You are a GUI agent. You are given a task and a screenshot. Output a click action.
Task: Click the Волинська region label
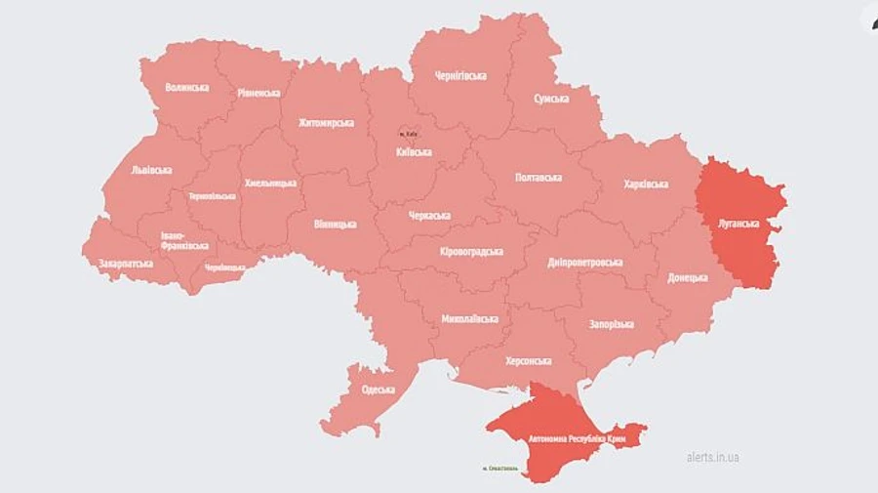coord(186,87)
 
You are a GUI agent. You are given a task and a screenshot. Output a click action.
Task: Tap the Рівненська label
coord(259,93)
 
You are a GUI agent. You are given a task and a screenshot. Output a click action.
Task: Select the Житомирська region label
coord(325,123)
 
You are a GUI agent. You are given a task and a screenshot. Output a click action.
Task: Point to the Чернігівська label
coord(461,75)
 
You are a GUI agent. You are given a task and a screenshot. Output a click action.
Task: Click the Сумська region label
coord(553,99)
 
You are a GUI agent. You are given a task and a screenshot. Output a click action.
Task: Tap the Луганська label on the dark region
coord(738,223)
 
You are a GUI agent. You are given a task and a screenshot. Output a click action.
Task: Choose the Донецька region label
coord(688,277)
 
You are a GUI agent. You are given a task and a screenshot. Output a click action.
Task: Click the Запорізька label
coord(611,324)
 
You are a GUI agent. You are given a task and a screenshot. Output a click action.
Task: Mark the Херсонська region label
coord(529,360)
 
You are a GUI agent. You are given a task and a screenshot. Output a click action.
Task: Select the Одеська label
coord(378,390)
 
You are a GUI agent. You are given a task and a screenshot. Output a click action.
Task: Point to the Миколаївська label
coord(469,318)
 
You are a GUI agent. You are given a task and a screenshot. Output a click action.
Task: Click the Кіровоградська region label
coord(471,251)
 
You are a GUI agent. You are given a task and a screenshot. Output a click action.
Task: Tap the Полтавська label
coord(539,177)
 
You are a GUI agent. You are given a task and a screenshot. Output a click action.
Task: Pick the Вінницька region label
coord(335,224)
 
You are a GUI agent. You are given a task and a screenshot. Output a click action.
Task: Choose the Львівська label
coord(151,169)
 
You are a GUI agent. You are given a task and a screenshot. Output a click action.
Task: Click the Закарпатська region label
coord(126,264)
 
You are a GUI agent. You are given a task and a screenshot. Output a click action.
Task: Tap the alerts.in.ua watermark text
coord(712,456)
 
